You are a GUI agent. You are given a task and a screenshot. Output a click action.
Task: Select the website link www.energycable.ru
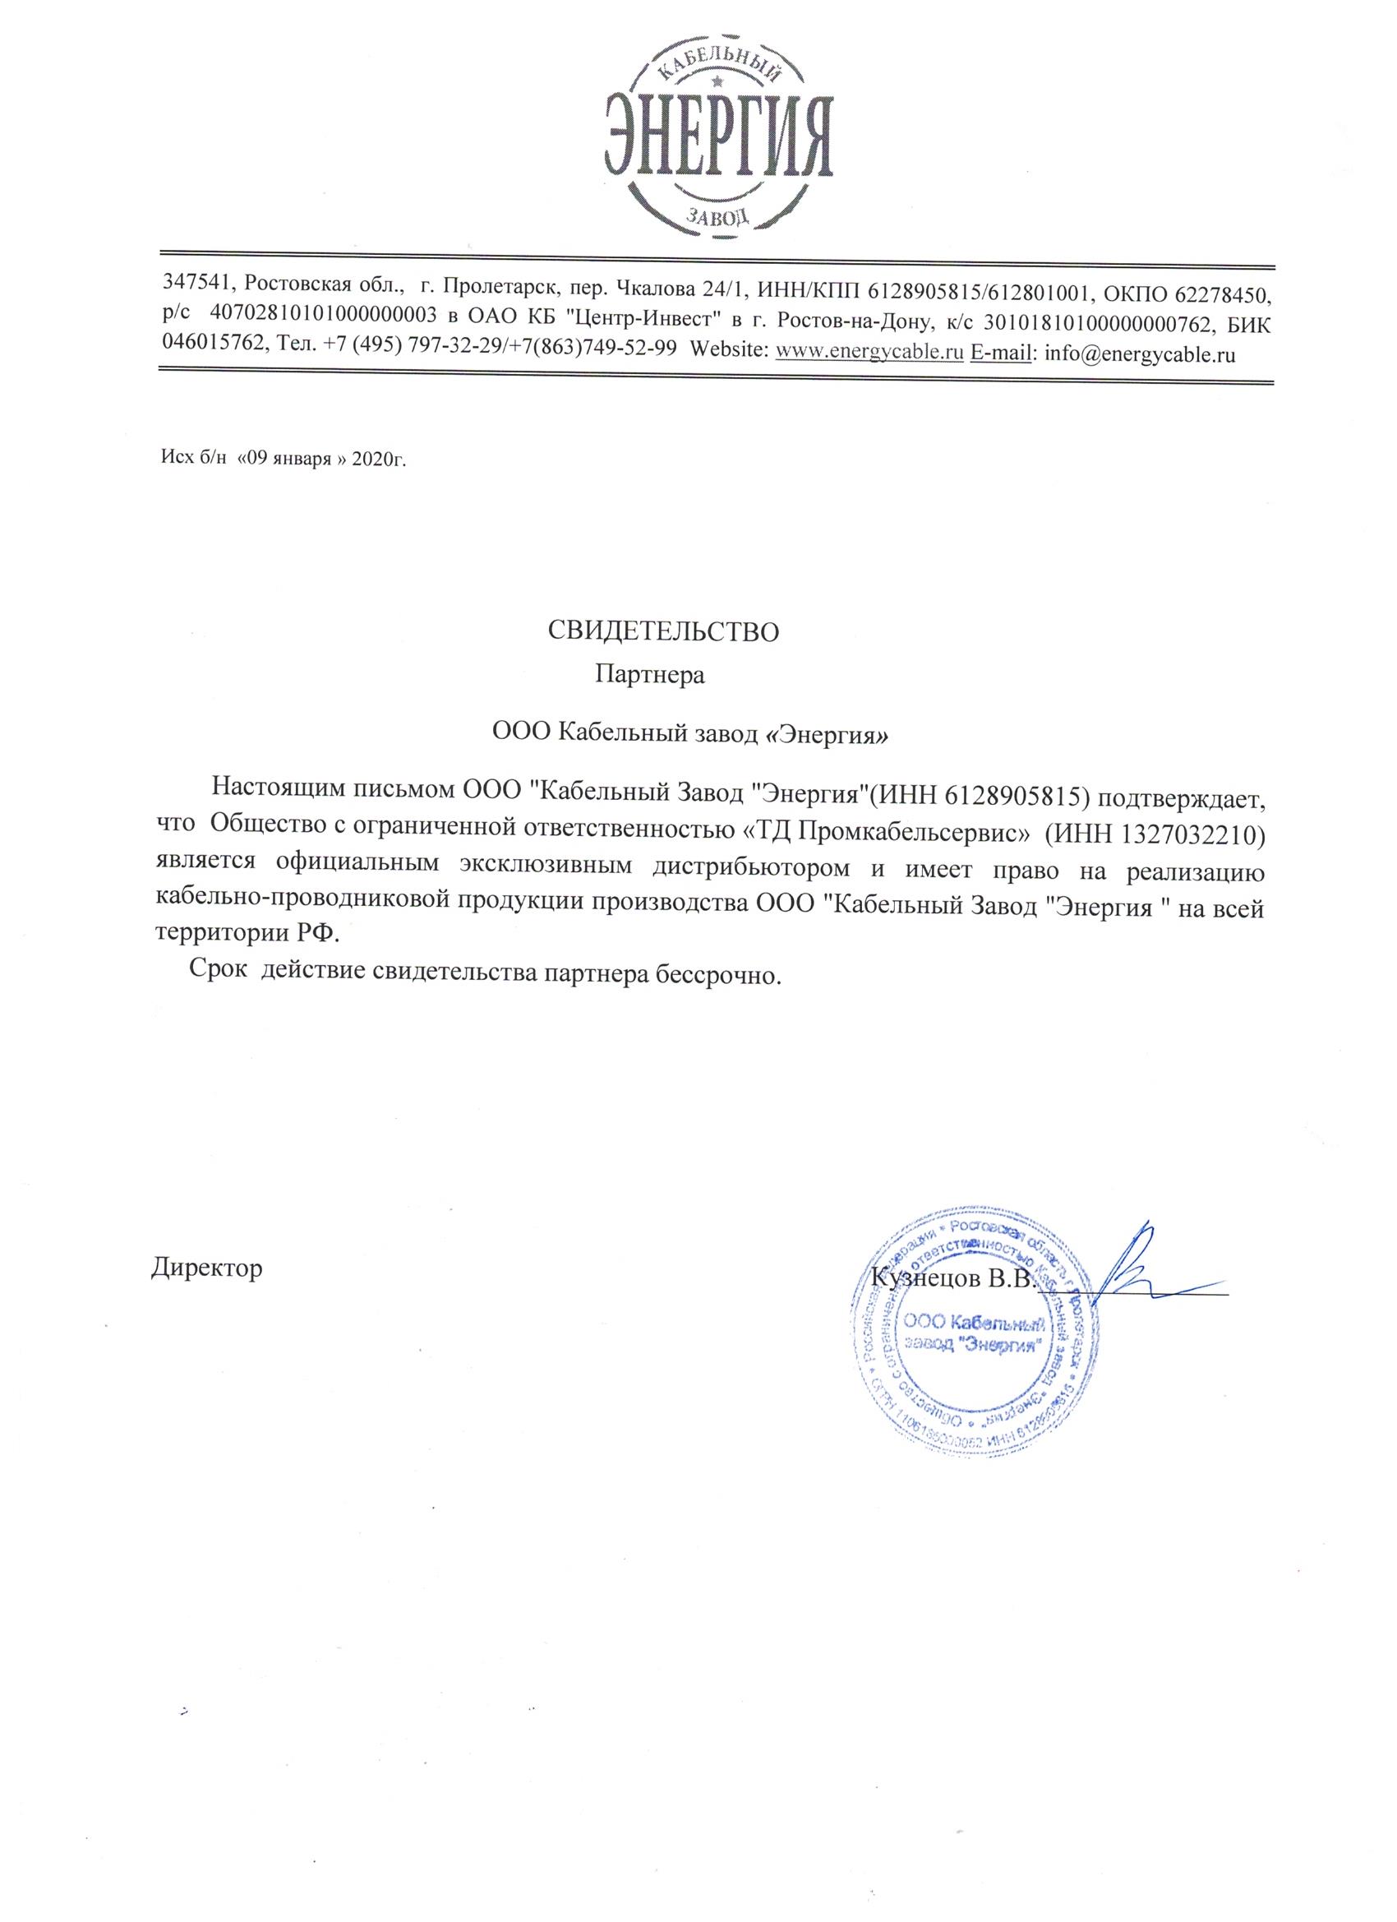coord(870,353)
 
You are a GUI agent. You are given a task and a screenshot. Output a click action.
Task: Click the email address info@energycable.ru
coord(1140,353)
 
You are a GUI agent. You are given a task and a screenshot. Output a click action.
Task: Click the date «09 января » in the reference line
coord(288,460)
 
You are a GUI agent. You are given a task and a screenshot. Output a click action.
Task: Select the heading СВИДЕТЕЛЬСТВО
coord(662,631)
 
